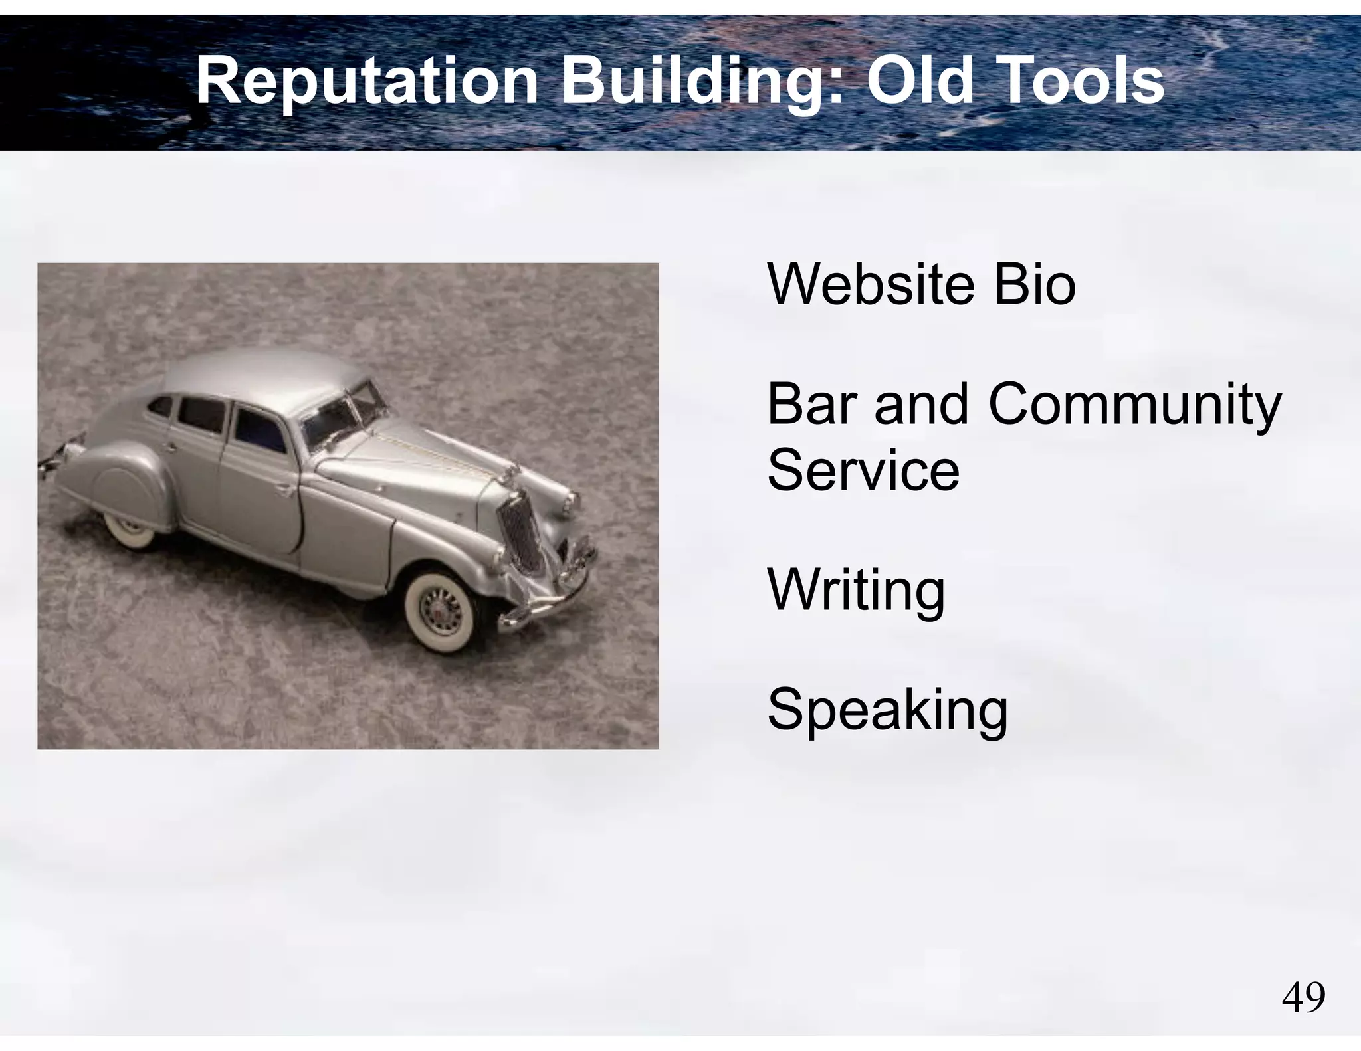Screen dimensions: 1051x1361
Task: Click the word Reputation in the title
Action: point(366,82)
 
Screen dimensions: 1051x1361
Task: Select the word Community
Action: point(1134,405)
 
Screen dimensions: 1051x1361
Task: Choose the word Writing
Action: point(856,591)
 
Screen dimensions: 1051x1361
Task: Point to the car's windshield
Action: point(342,412)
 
